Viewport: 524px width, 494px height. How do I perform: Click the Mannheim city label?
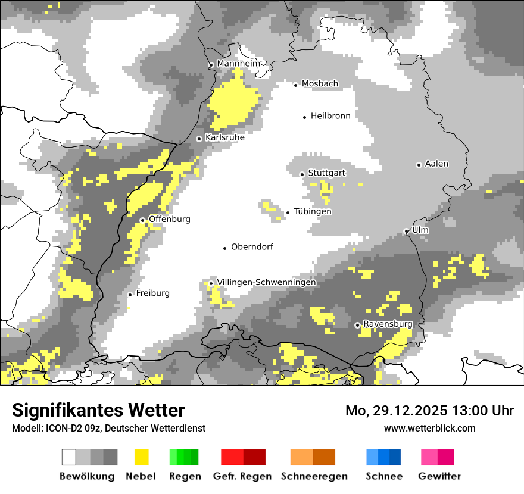pos(238,64)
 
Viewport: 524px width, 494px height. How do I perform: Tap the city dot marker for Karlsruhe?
pos(199,139)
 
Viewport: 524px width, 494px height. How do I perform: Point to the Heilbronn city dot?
pos(304,117)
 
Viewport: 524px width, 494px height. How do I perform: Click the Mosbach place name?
pos(320,84)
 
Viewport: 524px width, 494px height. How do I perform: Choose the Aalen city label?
pos(436,164)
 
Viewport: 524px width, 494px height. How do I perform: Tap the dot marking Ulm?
pos(406,231)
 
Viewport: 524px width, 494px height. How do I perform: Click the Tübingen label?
pos(313,212)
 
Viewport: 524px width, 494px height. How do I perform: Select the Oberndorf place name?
pos(252,247)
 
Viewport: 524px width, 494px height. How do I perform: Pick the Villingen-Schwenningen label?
pos(266,283)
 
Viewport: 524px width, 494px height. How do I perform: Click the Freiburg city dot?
pos(130,295)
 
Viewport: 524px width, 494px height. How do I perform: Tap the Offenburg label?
pos(170,220)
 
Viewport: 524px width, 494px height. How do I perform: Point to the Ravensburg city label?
pos(388,324)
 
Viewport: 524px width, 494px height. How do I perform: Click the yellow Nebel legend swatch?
pos(141,457)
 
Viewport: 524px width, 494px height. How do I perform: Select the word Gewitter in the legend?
pos(439,476)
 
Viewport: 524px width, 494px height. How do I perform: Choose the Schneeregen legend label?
pos(314,476)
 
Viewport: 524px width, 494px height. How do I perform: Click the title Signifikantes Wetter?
pos(98,410)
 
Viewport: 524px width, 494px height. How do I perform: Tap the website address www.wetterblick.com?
pos(429,428)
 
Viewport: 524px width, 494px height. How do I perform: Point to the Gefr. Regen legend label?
pos(242,476)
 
